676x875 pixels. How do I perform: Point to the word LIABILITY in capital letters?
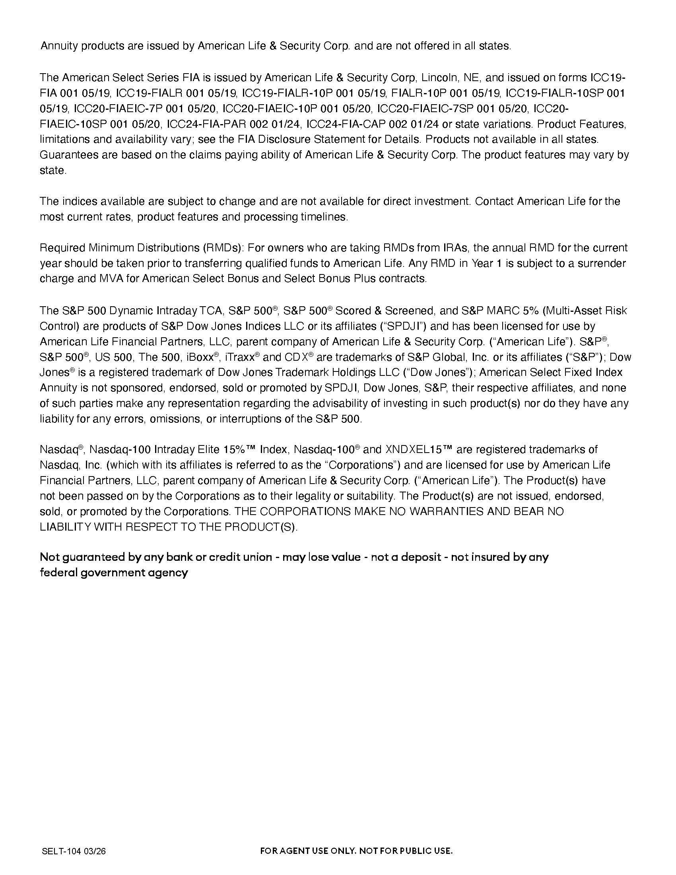(x=65, y=527)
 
